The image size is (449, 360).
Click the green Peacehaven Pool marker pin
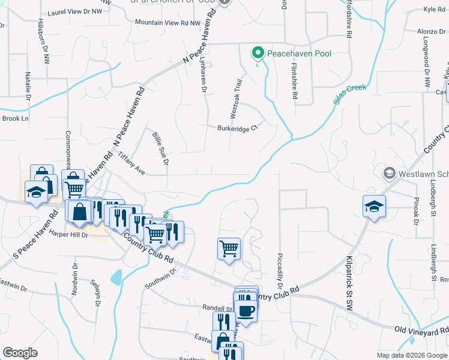click(258, 53)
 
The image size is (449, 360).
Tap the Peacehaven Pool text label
click(299, 53)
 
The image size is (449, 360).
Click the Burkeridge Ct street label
click(237, 128)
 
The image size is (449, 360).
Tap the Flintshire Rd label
click(295, 82)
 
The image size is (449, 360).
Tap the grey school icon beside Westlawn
click(388, 173)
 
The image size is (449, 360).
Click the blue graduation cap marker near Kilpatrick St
click(374, 206)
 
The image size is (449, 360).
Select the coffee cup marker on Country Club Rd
click(246, 310)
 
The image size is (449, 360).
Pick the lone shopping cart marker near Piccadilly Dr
click(229, 248)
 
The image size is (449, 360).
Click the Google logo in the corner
click(20, 353)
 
